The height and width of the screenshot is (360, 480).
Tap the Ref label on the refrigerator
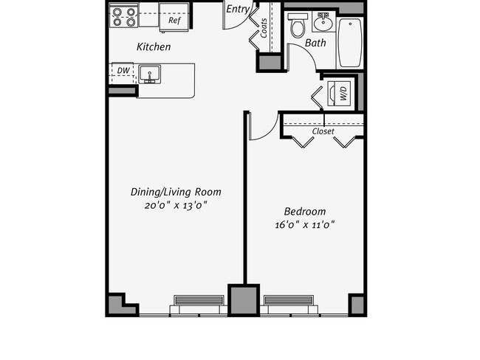(x=174, y=21)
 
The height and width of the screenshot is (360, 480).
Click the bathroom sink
(x=323, y=22)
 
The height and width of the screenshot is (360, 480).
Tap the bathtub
(x=350, y=41)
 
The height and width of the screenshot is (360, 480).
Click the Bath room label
(x=315, y=44)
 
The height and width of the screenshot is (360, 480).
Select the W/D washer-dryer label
(x=343, y=93)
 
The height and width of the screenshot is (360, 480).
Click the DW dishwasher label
(x=123, y=72)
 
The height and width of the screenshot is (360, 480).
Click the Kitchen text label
(x=154, y=47)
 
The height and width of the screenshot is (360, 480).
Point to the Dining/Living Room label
(x=176, y=192)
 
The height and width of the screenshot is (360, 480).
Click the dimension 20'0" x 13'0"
(x=176, y=206)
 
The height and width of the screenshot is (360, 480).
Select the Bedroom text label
(x=305, y=211)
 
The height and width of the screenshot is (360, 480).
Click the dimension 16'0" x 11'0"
(x=305, y=225)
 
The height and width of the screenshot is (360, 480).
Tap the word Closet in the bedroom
(x=323, y=131)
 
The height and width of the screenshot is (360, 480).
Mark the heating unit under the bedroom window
(x=290, y=302)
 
